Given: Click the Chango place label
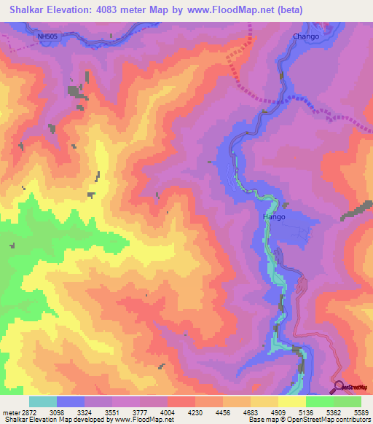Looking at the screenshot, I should (306, 36).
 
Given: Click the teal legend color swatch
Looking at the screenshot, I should (42, 401).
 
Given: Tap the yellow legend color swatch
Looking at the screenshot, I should (291, 401).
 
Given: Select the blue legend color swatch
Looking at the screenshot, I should (70, 401).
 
